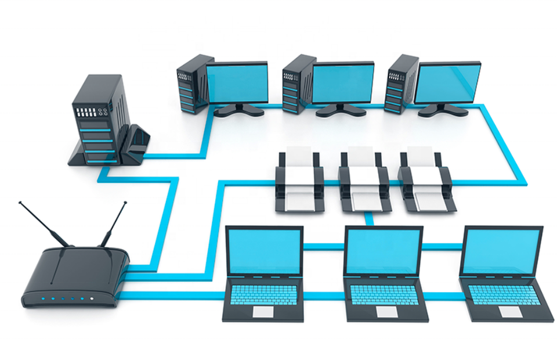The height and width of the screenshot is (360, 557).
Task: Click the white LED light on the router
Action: [92, 300]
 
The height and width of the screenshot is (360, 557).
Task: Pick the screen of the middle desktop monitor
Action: [343, 82]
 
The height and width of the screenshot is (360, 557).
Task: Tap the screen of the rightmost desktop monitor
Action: [447, 82]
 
